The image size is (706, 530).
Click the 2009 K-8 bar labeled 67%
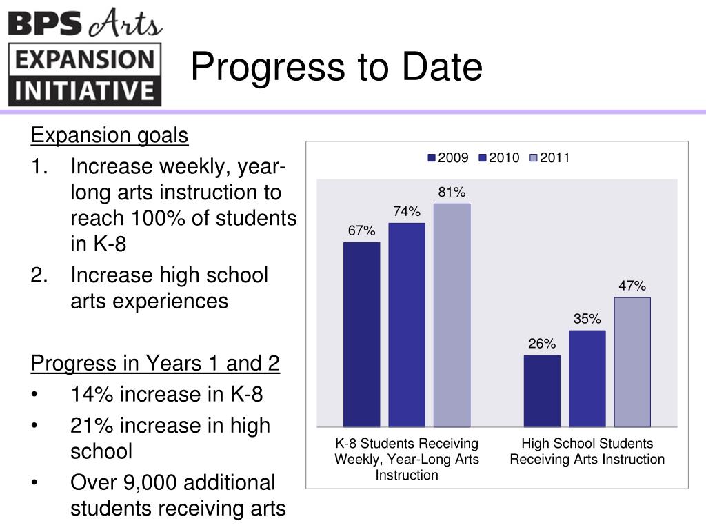(361, 334)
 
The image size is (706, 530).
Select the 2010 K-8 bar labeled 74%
(407, 324)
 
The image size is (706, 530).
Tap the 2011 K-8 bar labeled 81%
(452, 315)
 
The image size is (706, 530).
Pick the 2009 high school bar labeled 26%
(542, 391)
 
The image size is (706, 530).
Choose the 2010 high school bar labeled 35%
(587, 378)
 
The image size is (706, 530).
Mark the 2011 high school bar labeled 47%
(632, 362)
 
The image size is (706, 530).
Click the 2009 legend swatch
(432, 158)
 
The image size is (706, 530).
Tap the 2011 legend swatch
(534, 158)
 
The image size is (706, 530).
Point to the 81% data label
(452, 193)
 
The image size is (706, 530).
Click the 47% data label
(632, 286)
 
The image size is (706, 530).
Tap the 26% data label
(542, 344)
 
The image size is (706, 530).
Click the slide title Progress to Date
(336, 68)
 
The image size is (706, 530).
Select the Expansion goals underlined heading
(110, 135)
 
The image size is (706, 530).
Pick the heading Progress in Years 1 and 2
(156, 363)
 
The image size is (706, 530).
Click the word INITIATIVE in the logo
(85, 90)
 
